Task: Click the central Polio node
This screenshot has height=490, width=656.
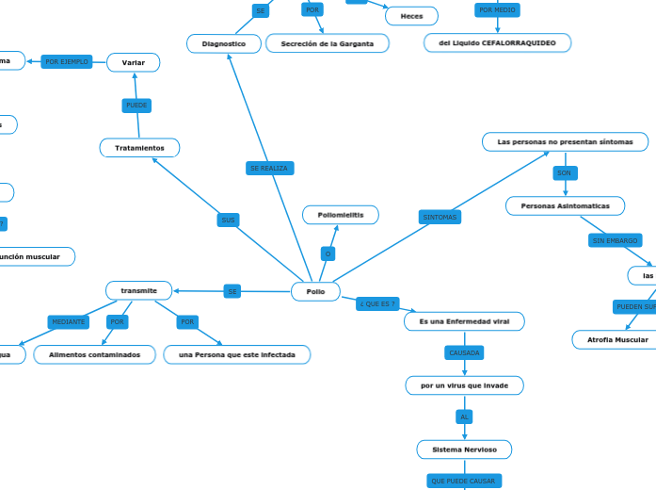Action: click(x=315, y=292)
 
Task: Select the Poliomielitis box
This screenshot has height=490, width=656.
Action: click(x=340, y=216)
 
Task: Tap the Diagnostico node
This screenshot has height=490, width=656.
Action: click(x=224, y=44)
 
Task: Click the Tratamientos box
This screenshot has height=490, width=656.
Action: click(x=139, y=148)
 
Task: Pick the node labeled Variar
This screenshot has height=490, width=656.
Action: click(x=133, y=62)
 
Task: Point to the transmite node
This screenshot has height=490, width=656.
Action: click(x=138, y=290)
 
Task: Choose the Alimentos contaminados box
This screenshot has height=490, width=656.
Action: click(x=94, y=355)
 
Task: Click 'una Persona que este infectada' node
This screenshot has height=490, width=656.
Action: click(x=236, y=355)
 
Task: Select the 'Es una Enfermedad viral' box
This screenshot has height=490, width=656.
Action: click(x=464, y=322)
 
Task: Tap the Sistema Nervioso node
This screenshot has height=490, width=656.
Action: click(x=464, y=449)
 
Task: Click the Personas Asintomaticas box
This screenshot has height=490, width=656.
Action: click(x=565, y=205)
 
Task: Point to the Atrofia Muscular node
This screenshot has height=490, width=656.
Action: click(x=616, y=339)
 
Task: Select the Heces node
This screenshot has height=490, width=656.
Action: click(x=411, y=16)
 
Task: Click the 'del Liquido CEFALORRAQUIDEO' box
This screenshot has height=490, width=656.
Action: click(x=497, y=43)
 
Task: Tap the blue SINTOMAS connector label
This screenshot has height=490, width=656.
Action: click(x=440, y=218)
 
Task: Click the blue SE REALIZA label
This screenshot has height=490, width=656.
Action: click(x=269, y=168)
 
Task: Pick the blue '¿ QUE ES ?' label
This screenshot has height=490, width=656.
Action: click(x=376, y=304)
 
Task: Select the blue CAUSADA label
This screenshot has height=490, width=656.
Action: click(x=464, y=352)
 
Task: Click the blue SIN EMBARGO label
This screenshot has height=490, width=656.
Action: click(x=615, y=241)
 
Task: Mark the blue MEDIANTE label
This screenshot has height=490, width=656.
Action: click(x=68, y=322)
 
